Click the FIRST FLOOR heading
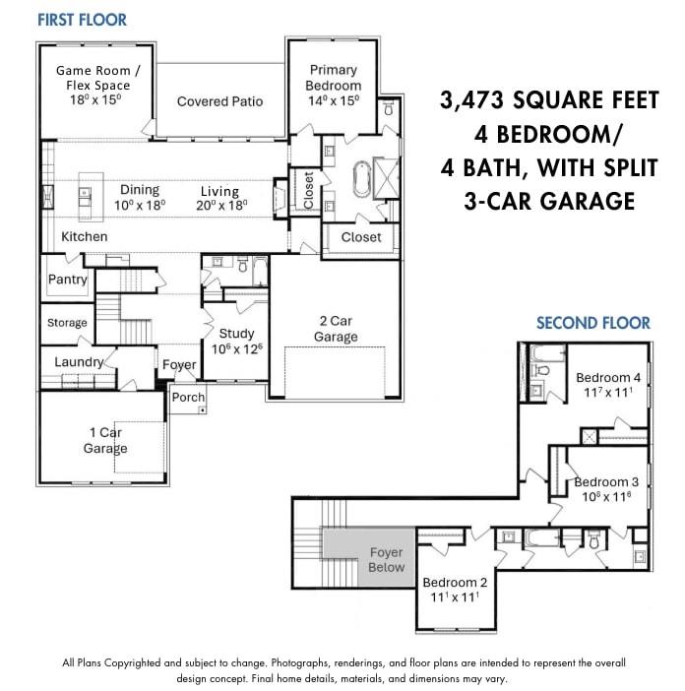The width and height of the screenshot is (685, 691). coord(82,20)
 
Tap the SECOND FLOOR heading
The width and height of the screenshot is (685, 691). coord(592,323)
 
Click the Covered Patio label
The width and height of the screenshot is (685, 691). coord(219,101)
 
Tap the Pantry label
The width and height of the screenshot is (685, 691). coord(68,280)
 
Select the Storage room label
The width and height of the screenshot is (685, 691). coord(67,323)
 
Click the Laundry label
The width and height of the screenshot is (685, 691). coord(79,362)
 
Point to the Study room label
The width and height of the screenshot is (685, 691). coord(236,334)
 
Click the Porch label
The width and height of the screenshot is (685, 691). coord(188,398)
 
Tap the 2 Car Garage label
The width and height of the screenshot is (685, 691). coord(336,329)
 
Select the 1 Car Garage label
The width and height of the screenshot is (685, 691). coord(104,440)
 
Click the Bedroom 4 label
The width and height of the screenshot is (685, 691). coord(608,378)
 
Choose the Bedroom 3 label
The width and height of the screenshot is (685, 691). coord(606,482)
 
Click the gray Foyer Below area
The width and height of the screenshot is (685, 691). coord(386,559)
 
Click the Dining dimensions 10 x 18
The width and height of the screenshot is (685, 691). coord(140,206)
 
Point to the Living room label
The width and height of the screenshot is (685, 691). coord(220,191)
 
